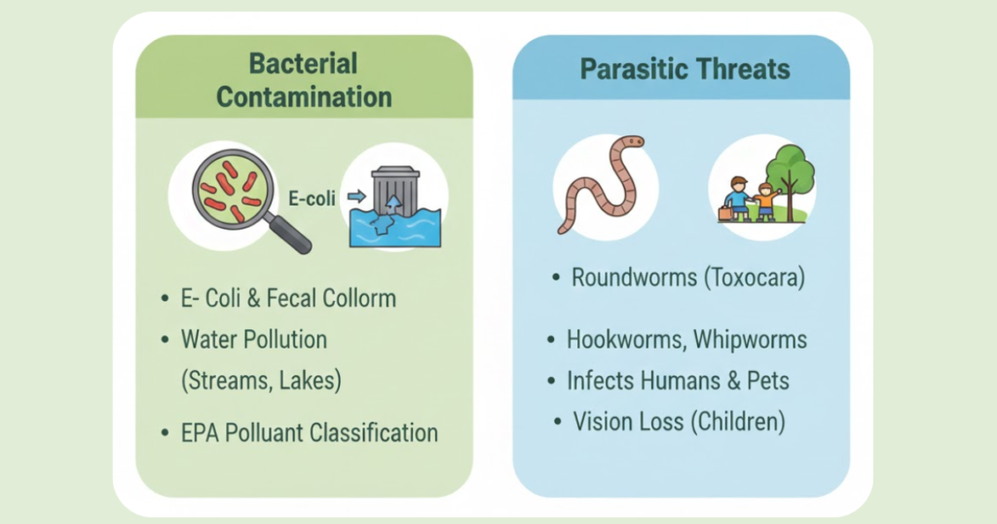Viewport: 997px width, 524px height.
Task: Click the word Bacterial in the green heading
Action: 304,63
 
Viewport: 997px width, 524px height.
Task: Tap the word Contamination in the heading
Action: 304,97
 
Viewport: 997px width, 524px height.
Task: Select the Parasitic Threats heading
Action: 684,69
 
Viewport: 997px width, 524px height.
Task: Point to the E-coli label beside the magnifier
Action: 312,199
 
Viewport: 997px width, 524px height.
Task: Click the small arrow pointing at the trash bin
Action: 356,197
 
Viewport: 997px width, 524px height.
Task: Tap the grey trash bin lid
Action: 395,172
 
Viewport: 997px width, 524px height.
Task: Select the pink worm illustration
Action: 601,184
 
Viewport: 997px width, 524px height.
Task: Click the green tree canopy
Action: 791,168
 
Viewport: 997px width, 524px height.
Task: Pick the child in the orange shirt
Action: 765,203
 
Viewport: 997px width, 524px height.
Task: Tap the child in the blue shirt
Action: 738,199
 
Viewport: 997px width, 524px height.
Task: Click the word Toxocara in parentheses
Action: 755,278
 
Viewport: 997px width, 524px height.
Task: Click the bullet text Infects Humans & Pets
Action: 678,381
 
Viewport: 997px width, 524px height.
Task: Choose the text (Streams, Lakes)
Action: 261,381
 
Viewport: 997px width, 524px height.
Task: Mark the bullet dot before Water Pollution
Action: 166,340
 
